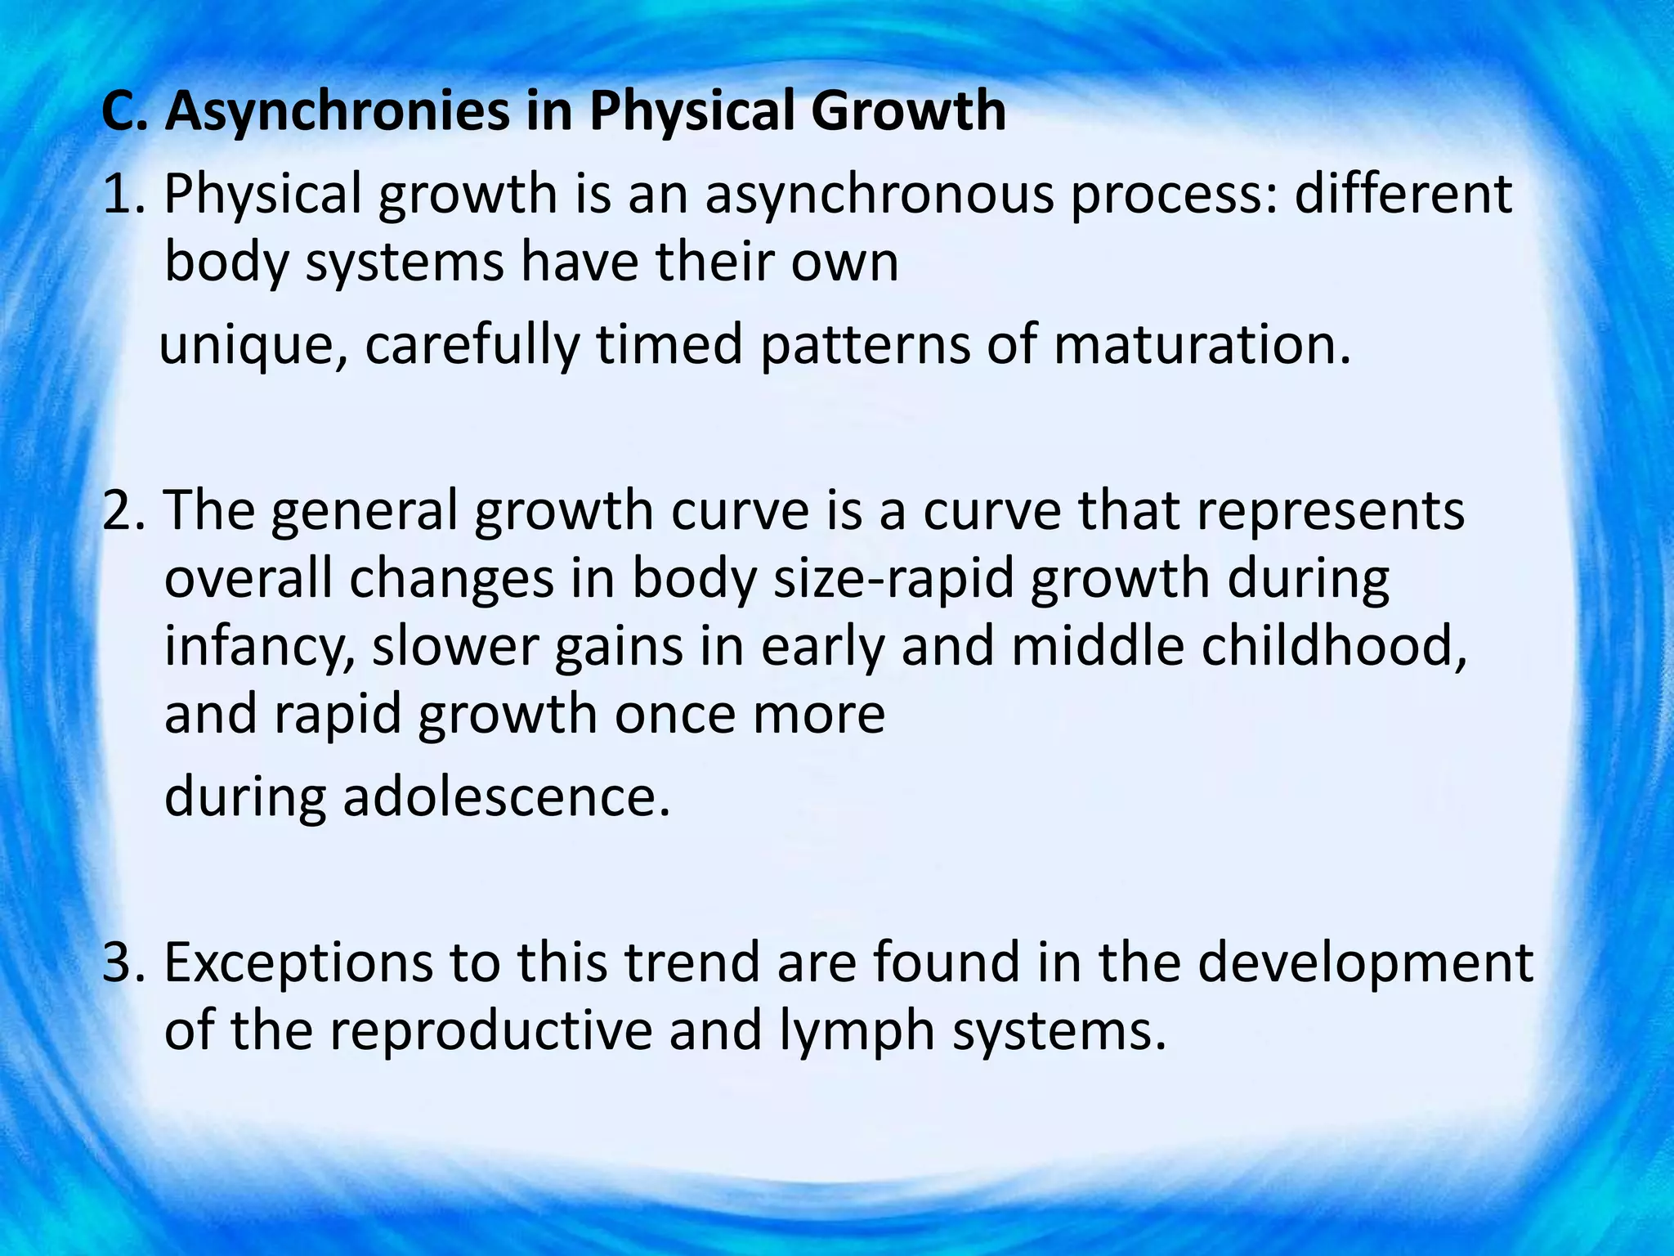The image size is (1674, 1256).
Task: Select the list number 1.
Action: point(123,195)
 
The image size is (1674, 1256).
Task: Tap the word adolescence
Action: point(506,796)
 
